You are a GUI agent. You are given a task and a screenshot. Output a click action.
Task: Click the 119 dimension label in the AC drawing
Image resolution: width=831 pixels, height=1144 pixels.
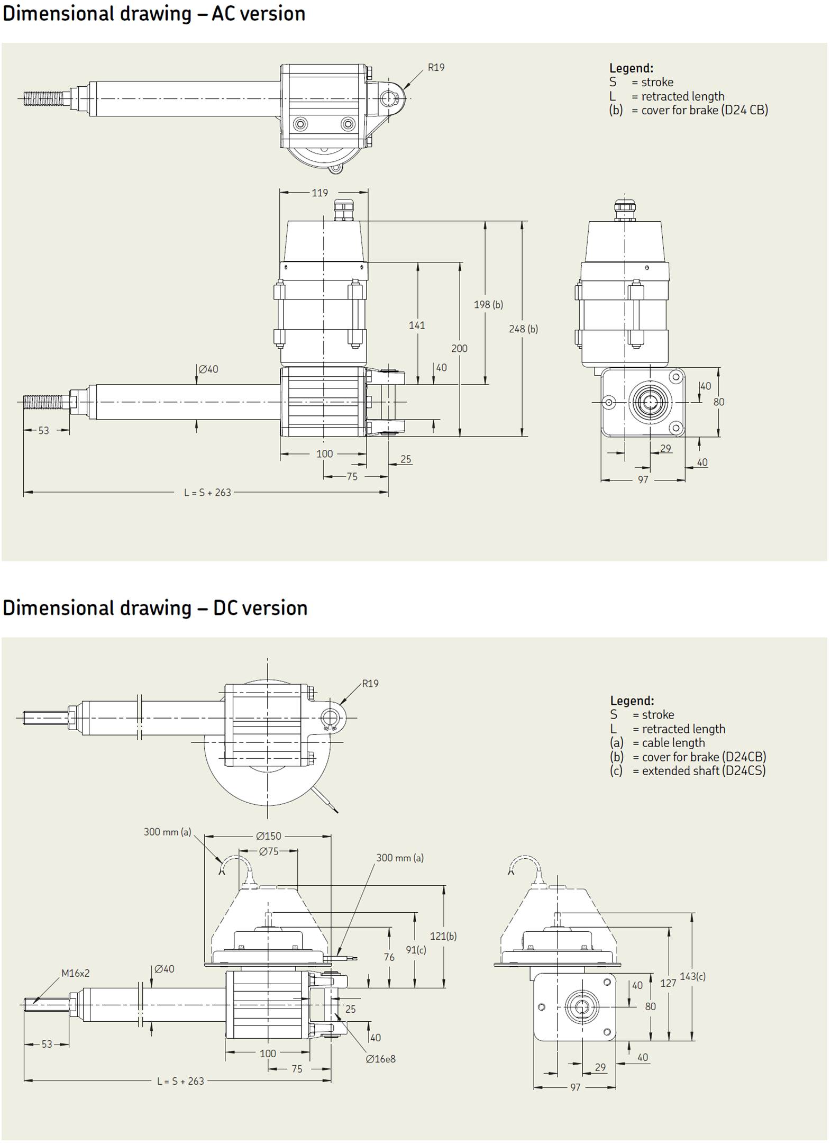pyautogui.click(x=319, y=193)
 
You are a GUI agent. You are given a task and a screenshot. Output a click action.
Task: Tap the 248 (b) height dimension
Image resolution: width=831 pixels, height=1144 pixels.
pyautogui.click(x=523, y=329)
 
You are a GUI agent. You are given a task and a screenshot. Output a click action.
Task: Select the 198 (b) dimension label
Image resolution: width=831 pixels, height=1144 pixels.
pyautogui.click(x=488, y=304)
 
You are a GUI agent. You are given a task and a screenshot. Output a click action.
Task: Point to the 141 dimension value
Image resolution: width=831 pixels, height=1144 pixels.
pyautogui.click(x=417, y=325)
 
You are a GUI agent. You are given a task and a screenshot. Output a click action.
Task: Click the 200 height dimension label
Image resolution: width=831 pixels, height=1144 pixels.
pyautogui.click(x=459, y=348)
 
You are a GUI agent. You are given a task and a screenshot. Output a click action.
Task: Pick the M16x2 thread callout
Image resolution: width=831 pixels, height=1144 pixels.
pyautogui.click(x=76, y=973)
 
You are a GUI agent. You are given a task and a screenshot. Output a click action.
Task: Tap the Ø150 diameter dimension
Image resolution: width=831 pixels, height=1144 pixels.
pyautogui.click(x=269, y=836)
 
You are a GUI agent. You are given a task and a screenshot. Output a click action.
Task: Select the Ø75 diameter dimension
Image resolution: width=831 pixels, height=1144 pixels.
pyautogui.click(x=269, y=851)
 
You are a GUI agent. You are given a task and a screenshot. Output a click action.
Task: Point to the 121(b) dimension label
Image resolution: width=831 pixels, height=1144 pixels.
pyautogui.click(x=443, y=936)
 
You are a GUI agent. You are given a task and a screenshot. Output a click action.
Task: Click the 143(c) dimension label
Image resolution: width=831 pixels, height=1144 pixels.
pyautogui.click(x=692, y=976)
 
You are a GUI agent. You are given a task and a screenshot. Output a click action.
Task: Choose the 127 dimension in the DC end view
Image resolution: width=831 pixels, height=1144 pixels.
pyautogui.click(x=668, y=983)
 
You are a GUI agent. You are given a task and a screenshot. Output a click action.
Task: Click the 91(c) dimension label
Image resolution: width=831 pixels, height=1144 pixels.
pyautogui.click(x=416, y=950)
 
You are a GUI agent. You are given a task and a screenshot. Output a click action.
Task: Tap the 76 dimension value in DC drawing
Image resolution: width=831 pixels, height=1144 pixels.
pyautogui.click(x=389, y=957)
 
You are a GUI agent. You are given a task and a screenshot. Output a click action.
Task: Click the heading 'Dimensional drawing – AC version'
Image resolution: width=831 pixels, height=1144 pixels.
pyautogui.click(x=154, y=14)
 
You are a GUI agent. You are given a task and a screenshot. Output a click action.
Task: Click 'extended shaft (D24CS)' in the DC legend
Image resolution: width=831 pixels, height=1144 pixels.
pyautogui.click(x=704, y=771)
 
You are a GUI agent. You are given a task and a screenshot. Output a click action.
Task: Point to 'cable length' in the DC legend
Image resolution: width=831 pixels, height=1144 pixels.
pyautogui.click(x=673, y=743)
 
